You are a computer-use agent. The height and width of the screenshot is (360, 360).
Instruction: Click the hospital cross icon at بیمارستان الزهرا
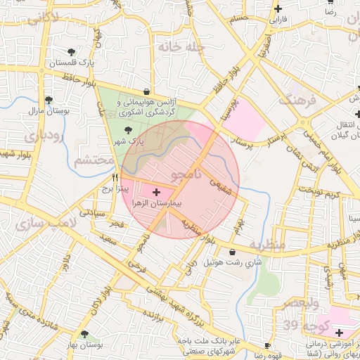click(x=156, y=191)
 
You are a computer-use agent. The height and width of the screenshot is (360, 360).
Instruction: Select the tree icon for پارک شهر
click(x=127, y=131)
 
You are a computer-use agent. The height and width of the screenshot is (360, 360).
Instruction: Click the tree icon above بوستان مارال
click(x=48, y=100)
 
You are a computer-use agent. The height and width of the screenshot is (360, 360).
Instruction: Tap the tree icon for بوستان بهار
click(x=85, y=335)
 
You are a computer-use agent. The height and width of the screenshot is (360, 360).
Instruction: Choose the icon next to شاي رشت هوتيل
click(x=232, y=252)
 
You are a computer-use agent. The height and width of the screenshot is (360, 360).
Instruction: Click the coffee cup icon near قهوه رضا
click(x=267, y=345)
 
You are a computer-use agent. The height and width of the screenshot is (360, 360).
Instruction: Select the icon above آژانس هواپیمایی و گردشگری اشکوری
click(x=146, y=91)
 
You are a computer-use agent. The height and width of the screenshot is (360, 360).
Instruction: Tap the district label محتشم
click(x=94, y=161)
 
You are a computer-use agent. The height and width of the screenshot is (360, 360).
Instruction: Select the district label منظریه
click(x=266, y=245)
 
